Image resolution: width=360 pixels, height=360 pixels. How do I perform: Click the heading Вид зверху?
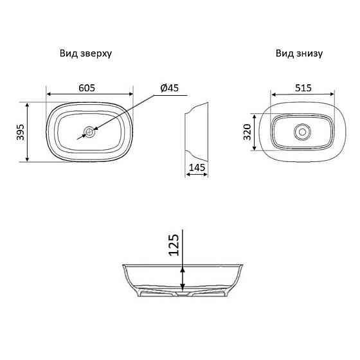pos(87,54)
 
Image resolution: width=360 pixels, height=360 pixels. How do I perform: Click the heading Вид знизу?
pos(299,54)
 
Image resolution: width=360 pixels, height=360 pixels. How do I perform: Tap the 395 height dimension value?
pos(20,132)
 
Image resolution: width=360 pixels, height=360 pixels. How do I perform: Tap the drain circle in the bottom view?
pos(301,132)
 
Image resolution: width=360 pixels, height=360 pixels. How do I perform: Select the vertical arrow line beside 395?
pos(28,132)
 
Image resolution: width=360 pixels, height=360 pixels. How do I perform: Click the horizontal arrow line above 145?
pos(197,175)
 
